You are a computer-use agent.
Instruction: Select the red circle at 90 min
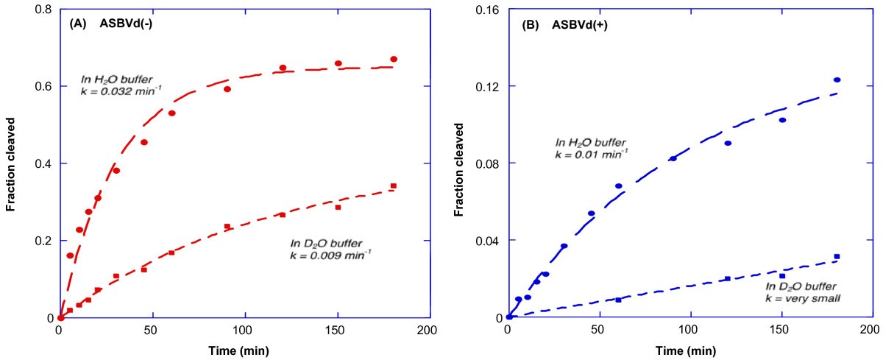[227, 89]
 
